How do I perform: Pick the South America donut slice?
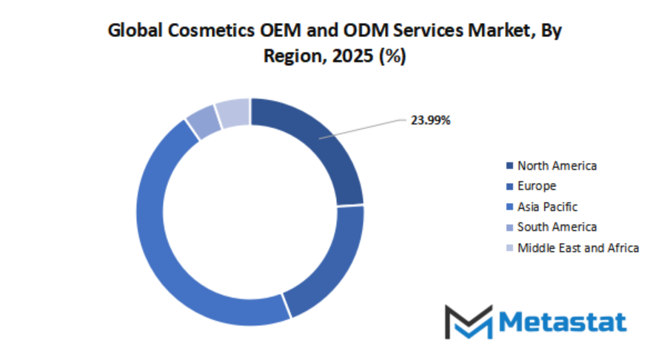click(x=201, y=122)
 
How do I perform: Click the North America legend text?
click(x=557, y=165)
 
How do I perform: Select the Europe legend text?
click(x=537, y=186)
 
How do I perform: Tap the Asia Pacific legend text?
click(x=547, y=207)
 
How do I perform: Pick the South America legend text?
click(x=557, y=227)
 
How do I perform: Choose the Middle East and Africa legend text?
click(x=577, y=247)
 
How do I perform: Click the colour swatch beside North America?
click(x=509, y=166)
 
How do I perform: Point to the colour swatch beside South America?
click(x=509, y=227)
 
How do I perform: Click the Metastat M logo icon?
click(x=468, y=321)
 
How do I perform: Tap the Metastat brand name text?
click(x=563, y=321)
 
